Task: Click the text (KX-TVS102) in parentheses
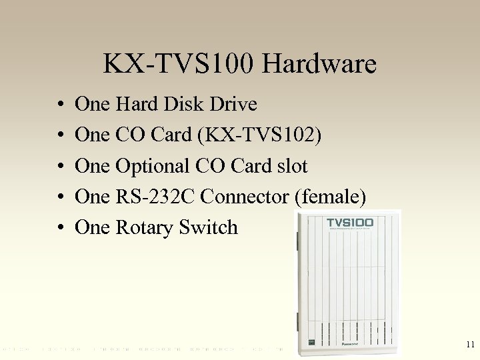pos(257,135)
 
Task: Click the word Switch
pos(208,227)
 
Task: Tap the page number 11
pos(470,345)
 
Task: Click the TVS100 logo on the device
pos(349,223)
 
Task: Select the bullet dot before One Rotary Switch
pos(60,228)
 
